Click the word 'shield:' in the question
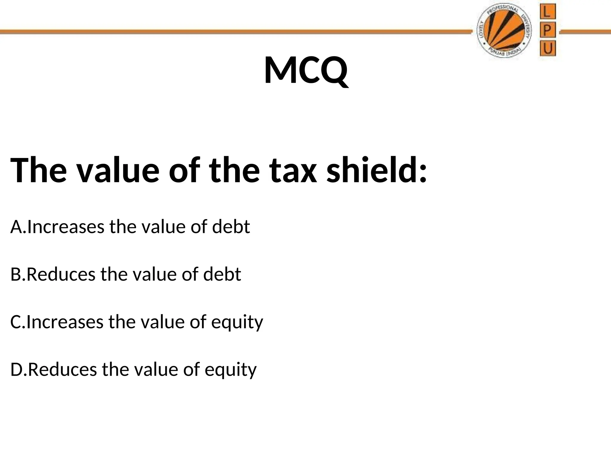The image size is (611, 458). coord(377,171)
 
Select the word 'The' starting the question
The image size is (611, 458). coord(39,171)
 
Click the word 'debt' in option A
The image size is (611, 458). coord(231,227)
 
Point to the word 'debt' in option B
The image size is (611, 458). coord(222,274)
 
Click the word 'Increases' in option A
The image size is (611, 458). coord(66,227)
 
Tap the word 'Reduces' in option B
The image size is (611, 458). coord(61,274)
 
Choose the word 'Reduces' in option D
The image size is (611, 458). coord(62,370)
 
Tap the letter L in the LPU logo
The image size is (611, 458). coord(547,12)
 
